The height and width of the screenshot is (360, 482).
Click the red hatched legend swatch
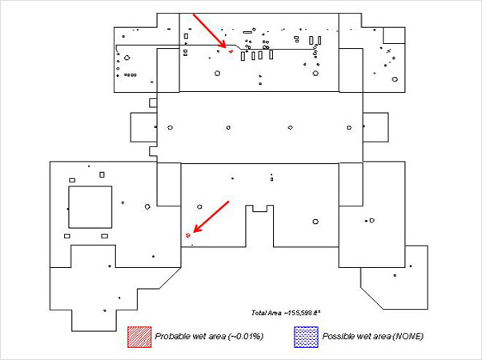pos(139,337)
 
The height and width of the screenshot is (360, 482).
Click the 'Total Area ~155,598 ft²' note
pos(286,312)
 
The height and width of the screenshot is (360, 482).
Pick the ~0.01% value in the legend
pos(247,336)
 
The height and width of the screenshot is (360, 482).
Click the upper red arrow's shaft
pos(209,30)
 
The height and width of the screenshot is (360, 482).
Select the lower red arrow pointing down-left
pos(211,217)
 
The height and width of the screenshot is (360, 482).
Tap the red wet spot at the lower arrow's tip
pos(188,235)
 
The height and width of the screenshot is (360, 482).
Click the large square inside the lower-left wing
pos(90,206)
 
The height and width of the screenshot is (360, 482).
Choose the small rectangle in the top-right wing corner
pos(394,35)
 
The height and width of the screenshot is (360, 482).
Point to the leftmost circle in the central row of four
pos(170,128)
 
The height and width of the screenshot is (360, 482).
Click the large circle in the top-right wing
pos(396,78)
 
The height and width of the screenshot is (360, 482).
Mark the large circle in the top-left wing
pos(127,58)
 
